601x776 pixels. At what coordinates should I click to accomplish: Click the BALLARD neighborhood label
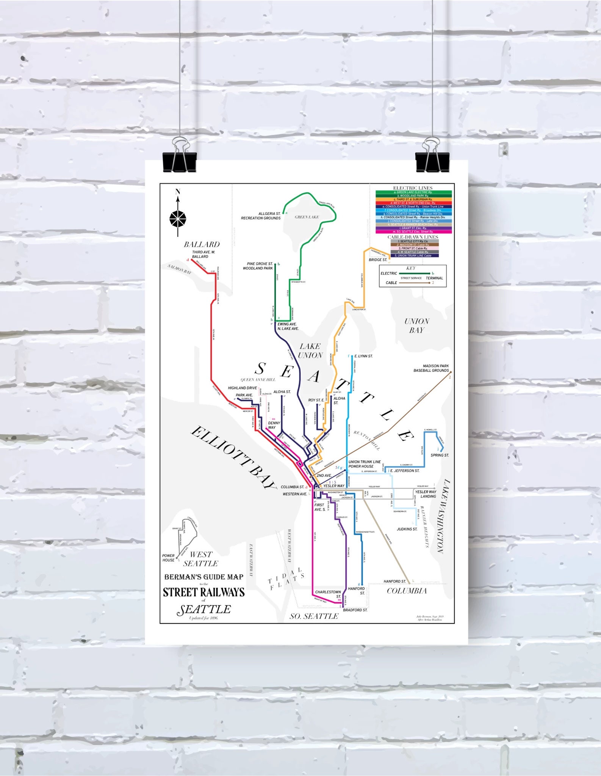[202, 244]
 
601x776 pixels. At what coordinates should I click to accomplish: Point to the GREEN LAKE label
[307, 217]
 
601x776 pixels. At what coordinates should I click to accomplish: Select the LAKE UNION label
[310, 351]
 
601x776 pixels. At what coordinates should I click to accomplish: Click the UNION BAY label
[416, 325]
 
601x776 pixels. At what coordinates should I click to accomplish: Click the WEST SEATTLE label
[200, 559]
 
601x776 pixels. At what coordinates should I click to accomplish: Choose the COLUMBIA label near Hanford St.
[407, 591]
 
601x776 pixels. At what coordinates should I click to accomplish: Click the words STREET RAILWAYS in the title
[203, 592]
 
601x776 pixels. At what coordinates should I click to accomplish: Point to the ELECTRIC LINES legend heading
[413, 188]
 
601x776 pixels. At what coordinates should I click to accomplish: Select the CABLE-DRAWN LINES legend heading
[413, 237]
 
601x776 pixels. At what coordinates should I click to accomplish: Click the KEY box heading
[411, 268]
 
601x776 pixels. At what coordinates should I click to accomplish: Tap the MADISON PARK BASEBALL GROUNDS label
[431, 368]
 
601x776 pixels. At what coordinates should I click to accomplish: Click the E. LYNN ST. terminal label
[363, 356]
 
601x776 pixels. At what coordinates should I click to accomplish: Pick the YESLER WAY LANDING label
[426, 494]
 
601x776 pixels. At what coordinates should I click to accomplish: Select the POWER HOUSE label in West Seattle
[168, 558]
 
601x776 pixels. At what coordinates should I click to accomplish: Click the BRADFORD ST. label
[355, 610]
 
